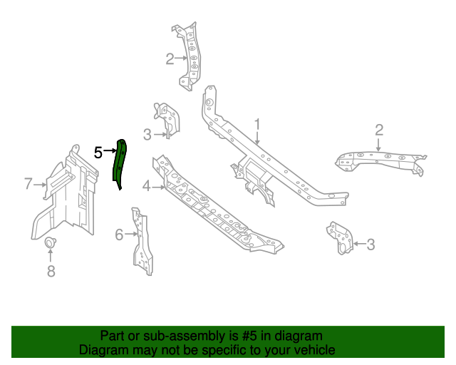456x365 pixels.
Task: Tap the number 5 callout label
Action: tap(98, 151)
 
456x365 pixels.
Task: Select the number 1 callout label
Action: tap(257, 124)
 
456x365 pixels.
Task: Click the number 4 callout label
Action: tap(146, 187)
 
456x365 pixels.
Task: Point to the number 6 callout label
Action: tap(119, 234)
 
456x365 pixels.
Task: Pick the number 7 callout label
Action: tap(28, 185)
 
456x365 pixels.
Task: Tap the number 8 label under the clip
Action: tap(51, 270)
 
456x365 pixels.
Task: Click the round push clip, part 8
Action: tap(51, 245)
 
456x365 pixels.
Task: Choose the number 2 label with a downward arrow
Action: tap(379, 129)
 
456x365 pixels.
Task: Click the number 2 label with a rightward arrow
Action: tap(170, 58)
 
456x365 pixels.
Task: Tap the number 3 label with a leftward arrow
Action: tap(370, 245)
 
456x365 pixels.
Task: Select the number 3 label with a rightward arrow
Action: tap(147, 134)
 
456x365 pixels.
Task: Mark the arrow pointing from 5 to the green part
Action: tap(110, 151)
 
